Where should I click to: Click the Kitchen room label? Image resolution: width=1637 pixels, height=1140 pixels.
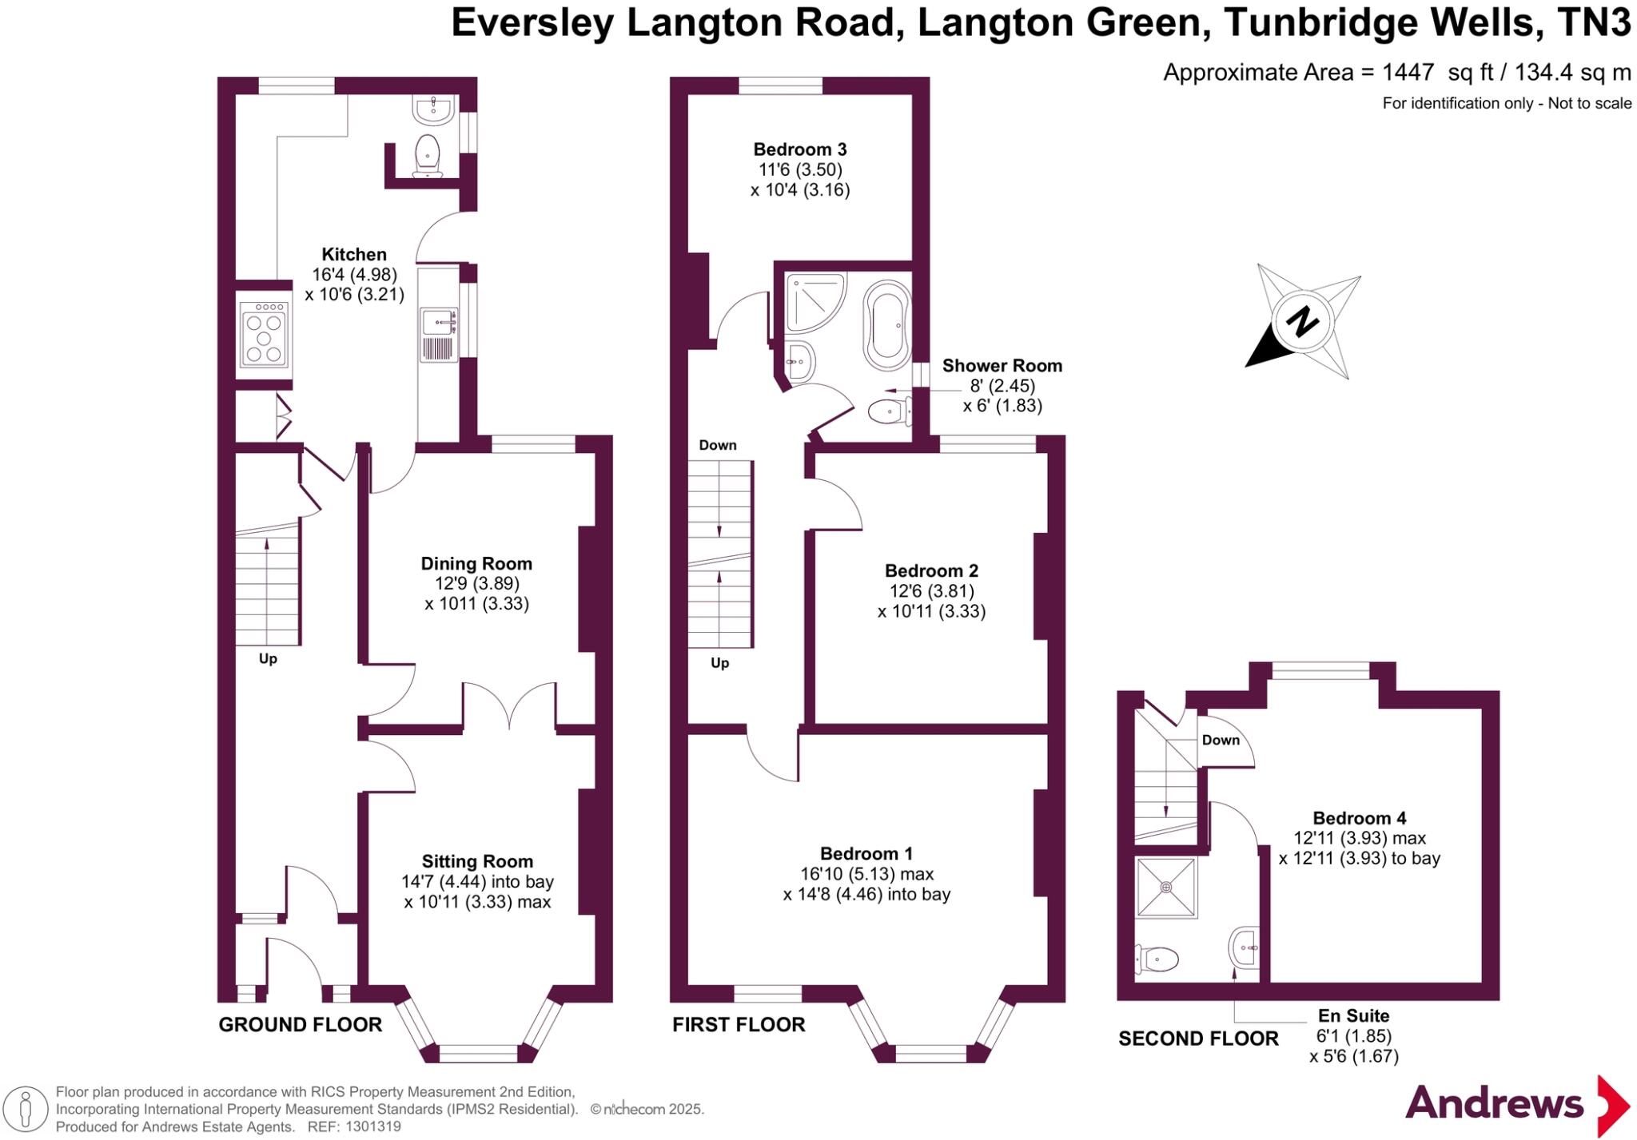(x=354, y=255)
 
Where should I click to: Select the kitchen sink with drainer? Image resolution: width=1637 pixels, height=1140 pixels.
(x=439, y=335)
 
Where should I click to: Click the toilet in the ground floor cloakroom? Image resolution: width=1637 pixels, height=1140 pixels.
(x=428, y=155)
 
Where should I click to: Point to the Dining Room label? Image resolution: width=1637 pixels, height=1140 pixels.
(x=476, y=564)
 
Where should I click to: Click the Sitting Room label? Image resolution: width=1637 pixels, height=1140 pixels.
(x=477, y=862)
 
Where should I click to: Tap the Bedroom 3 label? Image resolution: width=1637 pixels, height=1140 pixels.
(x=800, y=149)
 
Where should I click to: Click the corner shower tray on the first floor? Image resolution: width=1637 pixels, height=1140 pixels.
(x=814, y=303)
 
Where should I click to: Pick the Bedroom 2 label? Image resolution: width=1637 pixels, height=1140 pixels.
(x=931, y=571)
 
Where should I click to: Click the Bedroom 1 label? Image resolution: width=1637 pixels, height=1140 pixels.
(x=866, y=854)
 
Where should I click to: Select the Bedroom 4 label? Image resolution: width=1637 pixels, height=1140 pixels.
(x=1360, y=819)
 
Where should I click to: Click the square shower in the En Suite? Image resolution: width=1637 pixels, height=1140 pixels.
(x=1166, y=888)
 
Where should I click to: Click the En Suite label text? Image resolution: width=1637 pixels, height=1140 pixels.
(x=1353, y=1016)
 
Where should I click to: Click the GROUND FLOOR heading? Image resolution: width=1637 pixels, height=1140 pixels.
(x=301, y=1025)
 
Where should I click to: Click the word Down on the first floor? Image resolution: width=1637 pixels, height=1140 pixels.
(x=718, y=446)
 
